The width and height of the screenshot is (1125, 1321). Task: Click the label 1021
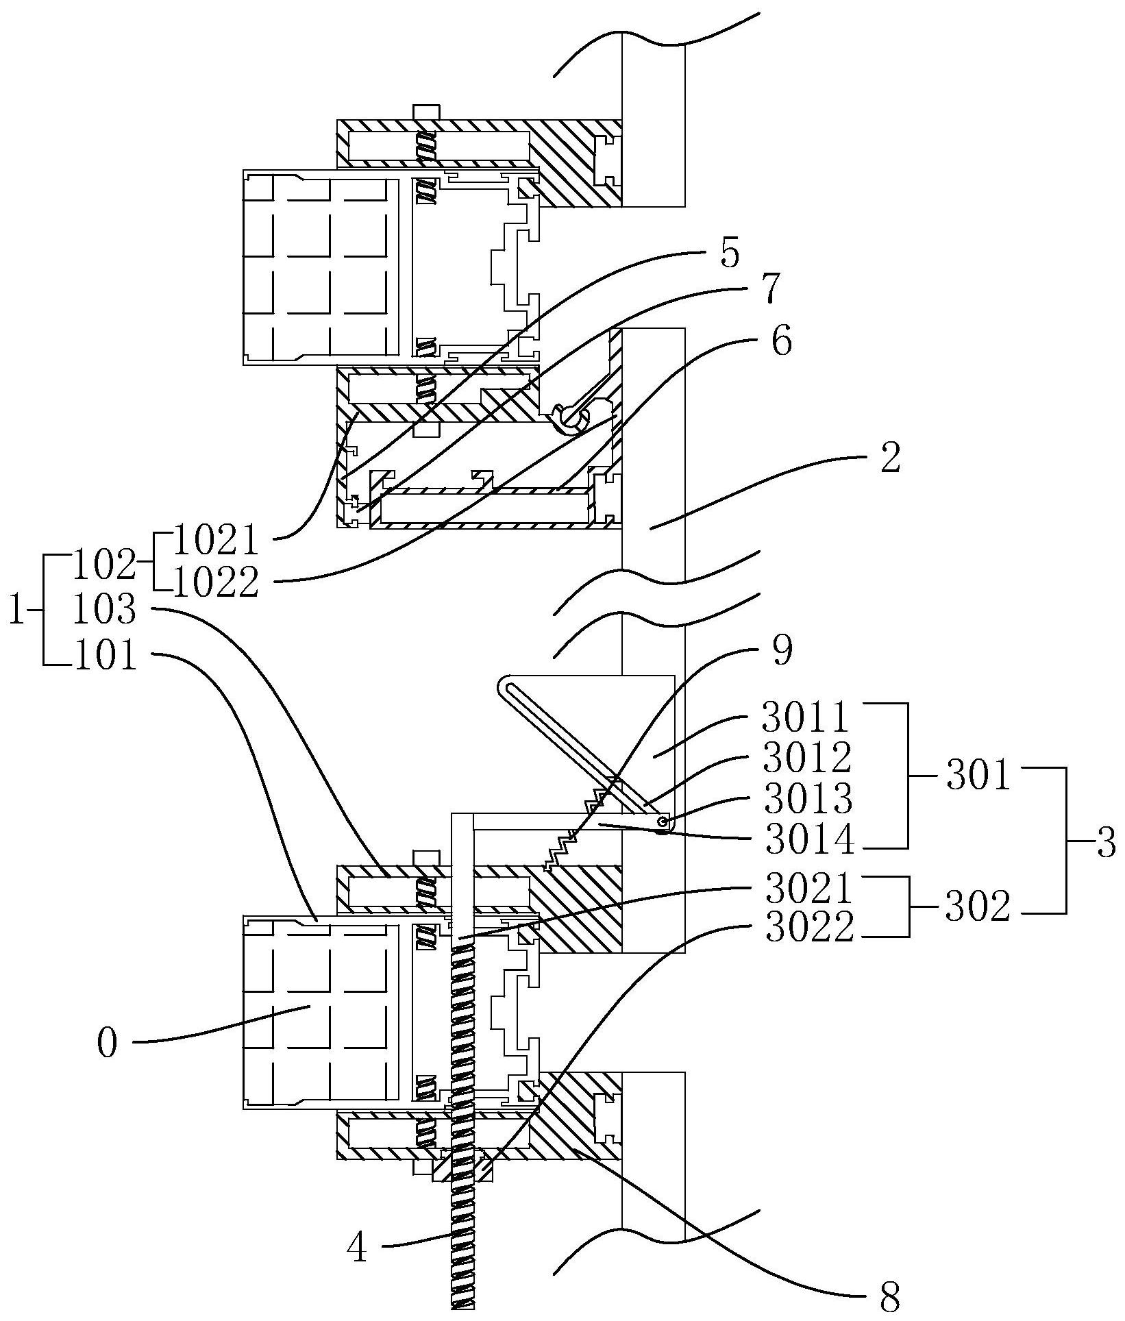pyautogui.click(x=217, y=541)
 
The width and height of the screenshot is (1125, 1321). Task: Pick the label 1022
pyautogui.click(x=217, y=583)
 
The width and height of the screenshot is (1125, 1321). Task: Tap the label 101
pyautogui.click(x=104, y=656)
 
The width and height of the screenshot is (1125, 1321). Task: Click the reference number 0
pyautogui.click(x=108, y=1044)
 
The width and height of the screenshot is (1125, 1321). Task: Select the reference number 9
pyautogui.click(x=781, y=650)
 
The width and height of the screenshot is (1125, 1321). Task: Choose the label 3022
pyautogui.click(x=810, y=928)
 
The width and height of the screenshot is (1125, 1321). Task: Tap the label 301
pyautogui.click(x=978, y=777)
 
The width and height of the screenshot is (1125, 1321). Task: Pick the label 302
pyautogui.click(x=978, y=908)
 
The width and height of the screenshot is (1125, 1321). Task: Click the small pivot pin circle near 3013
pyautogui.click(x=663, y=821)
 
